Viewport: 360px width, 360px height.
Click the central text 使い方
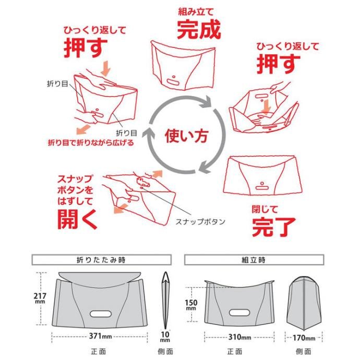pyautogui.click(x=186, y=136)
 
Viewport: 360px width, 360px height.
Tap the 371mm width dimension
pyautogui.click(x=100, y=336)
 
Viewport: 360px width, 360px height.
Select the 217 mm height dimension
pyautogui.click(x=40, y=298)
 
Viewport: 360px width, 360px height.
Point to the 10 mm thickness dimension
pyautogui.click(x=165, y=337)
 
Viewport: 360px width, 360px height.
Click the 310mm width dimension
pyautogui.click(x=239, y=337)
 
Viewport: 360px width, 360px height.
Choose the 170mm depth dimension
pyautogui.click(x=304, y=338)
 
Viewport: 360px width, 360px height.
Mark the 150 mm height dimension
pyautogui.click(x=191, y=305)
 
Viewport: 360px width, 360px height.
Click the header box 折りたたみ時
pyautogui.click(x=102, y=260)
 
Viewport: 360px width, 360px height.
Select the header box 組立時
pyautogui.click(x=254, y=260)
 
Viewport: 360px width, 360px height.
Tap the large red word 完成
pyautogui.click(x=199, y=29)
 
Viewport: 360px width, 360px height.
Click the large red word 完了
pyautogui.click(x=274, y=226)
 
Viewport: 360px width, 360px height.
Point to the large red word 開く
pyautogui.click(x=78, y=219)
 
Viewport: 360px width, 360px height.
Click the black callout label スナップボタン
pyautogui.click(x=200, y=222)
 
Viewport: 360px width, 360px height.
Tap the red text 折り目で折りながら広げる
pyautogui.click(x=91, y=143)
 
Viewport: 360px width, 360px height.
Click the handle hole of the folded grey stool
pyautogui.click(x=101, y=314)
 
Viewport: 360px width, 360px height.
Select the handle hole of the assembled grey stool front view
pyautogui.click(x=239, y=313)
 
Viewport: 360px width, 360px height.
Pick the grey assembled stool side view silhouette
pyautogui.click(x=304, y=303)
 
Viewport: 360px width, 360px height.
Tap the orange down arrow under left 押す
pyautogui.click(x=106, y=68)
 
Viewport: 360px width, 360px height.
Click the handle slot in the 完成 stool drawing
pyautogui.click(x=174, y=82)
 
